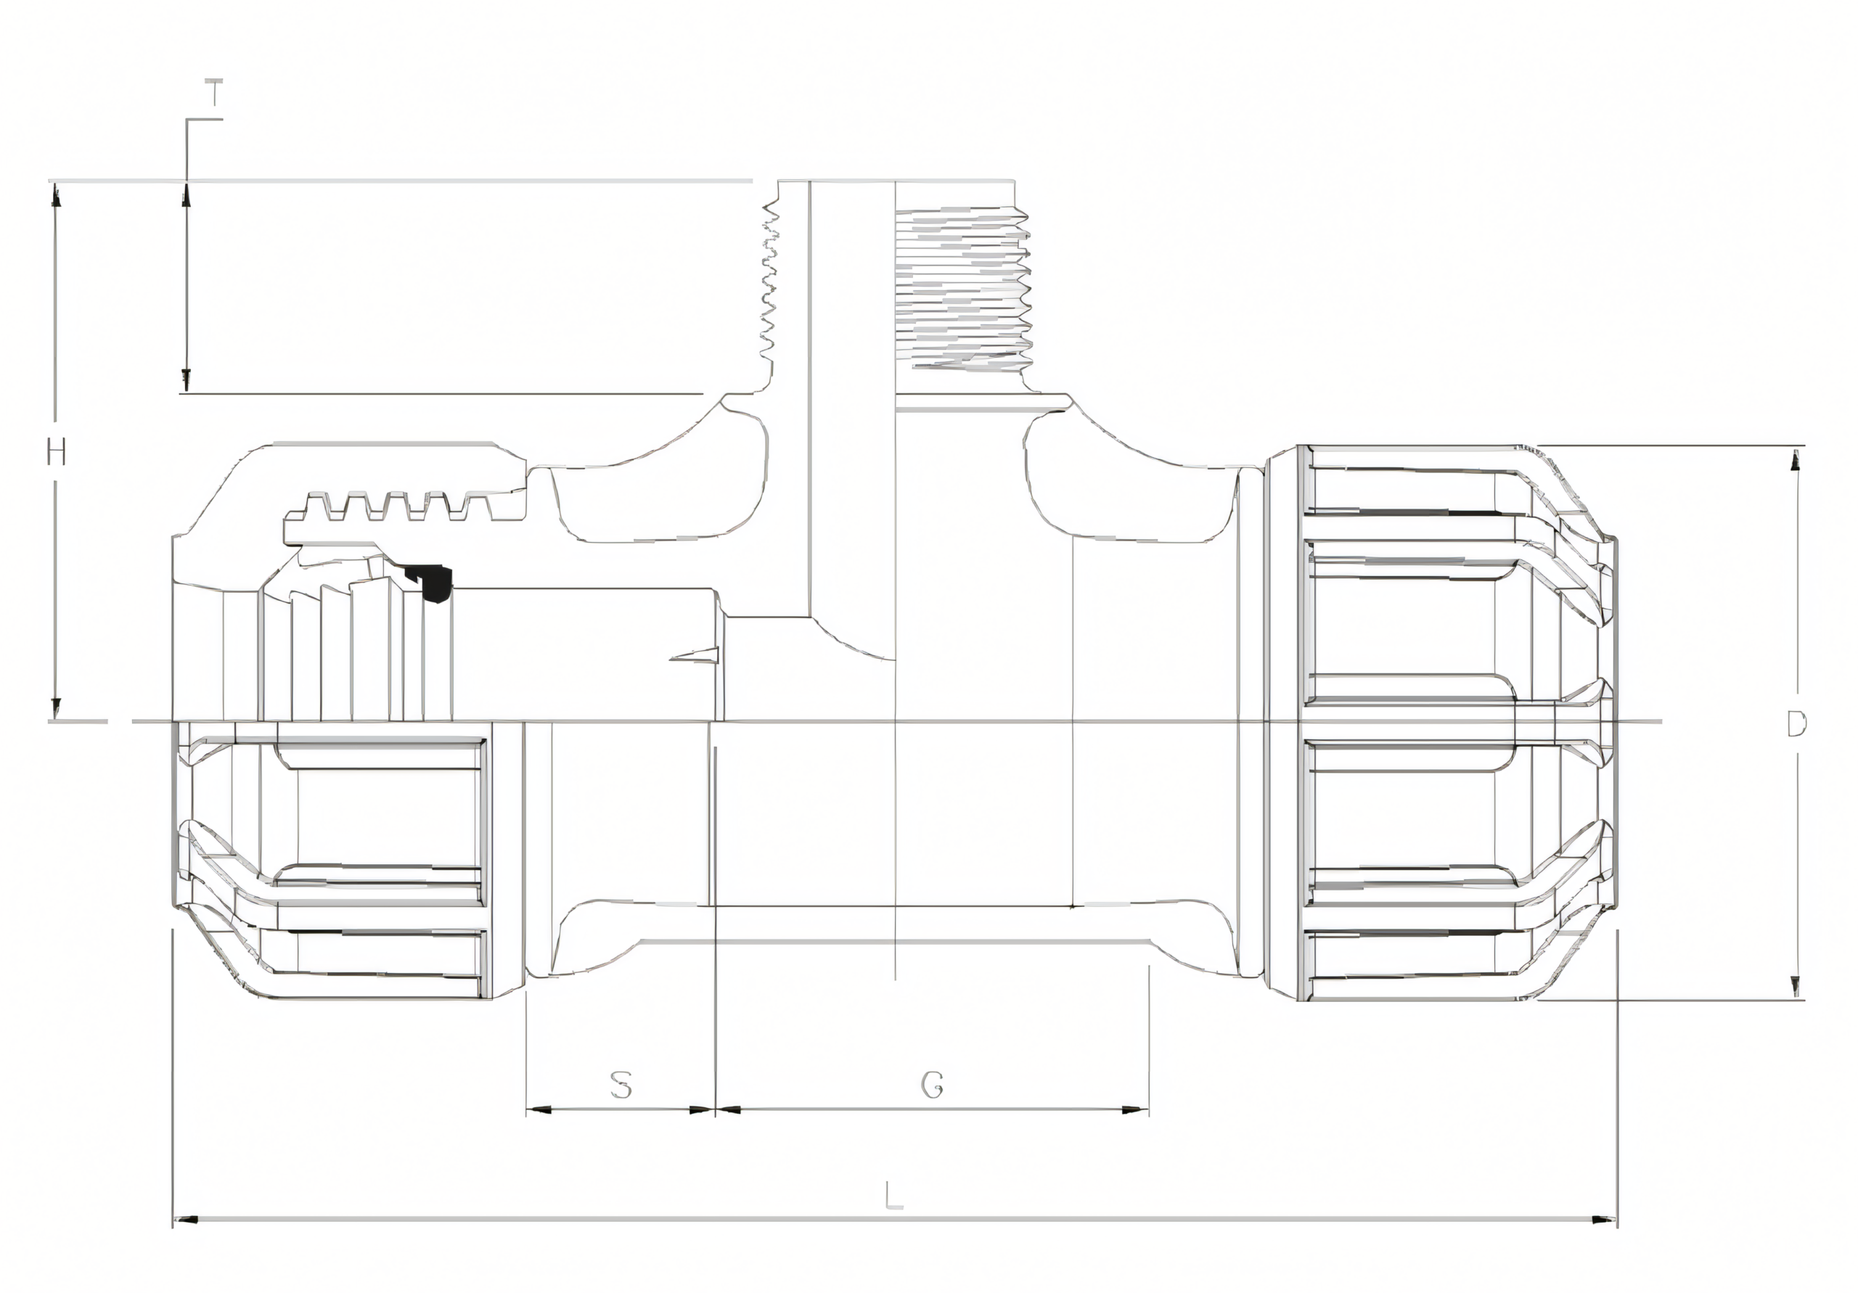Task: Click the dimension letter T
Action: [213, 93]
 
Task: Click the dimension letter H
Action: [55, 452]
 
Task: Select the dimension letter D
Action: [1796, 724]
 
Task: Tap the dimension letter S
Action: [621, 1085]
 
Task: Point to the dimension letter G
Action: [932, 1085]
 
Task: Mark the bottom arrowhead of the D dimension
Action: [1796, 987]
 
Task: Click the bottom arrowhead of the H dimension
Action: [56, 708]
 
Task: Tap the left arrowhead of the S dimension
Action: [537, 1109]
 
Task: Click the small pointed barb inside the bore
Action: [696, 654]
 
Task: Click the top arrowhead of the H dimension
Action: [56, 195]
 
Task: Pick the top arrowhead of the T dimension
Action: [185, 195]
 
